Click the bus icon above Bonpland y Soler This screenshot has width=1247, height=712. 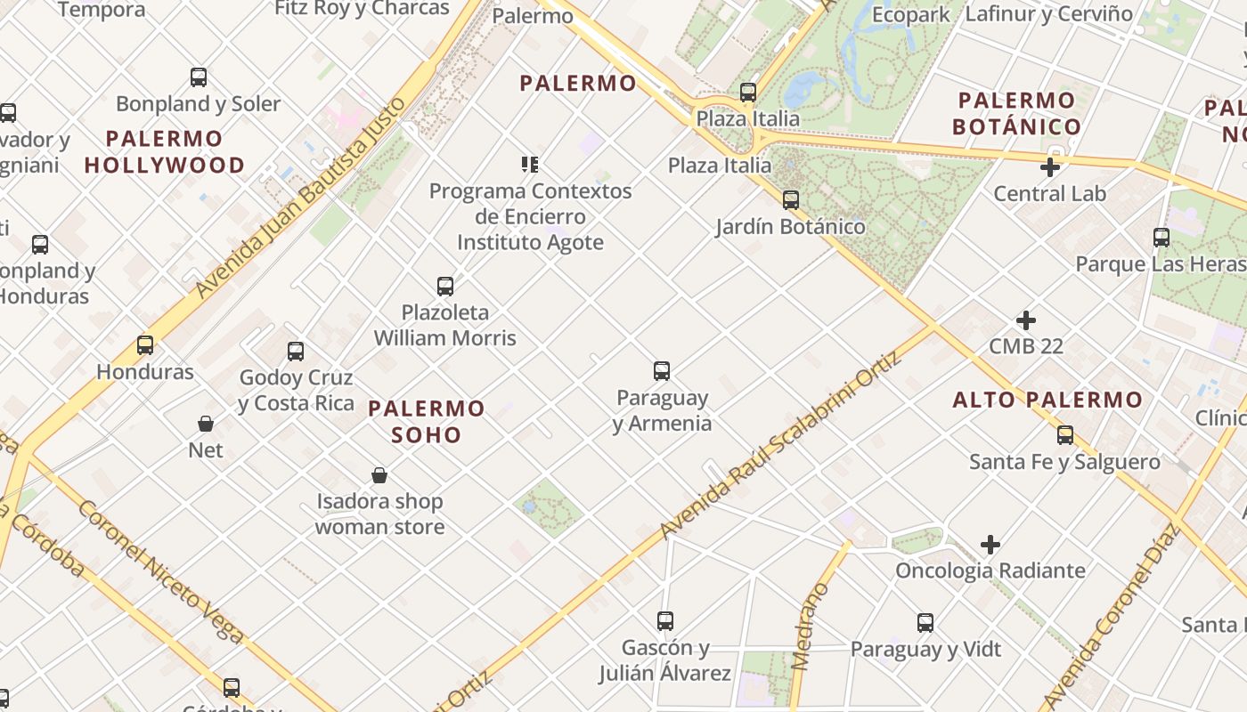(x=199, y=77)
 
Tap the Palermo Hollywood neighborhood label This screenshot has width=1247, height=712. (x=165, y=152)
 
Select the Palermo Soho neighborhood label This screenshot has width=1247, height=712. (x=427, y=422)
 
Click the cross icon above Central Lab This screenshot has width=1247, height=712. (x=1050, y=166)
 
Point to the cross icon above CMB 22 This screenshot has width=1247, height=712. (x=1026, y=320)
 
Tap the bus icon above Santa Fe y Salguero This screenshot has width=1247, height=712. (x=1065, y=435)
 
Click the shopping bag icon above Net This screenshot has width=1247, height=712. (x=206, y=424)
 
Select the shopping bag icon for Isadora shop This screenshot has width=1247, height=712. (x=379, y=475)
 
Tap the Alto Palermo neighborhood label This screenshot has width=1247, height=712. (x=1047, y=400)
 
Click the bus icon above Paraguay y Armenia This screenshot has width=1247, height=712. (x=662, y=371)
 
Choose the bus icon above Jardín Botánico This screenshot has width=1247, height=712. (x=790, y=200)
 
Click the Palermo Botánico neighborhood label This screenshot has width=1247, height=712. (x=1017, y=114)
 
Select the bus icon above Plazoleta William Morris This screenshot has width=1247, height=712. (x=445, y=287)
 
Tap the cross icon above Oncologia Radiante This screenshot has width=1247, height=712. (x=990, y=544)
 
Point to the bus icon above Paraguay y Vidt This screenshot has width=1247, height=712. (x=925, y=623)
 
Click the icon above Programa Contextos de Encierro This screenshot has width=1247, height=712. (x=530, y=165)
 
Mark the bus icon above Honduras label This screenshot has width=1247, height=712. (x=145, y=345)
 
